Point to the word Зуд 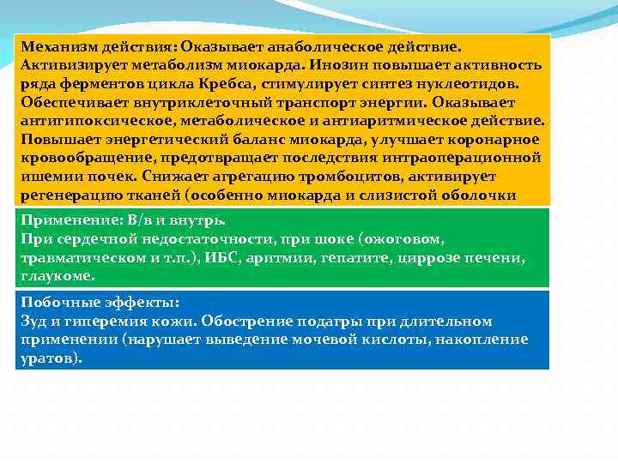[33, 322]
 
